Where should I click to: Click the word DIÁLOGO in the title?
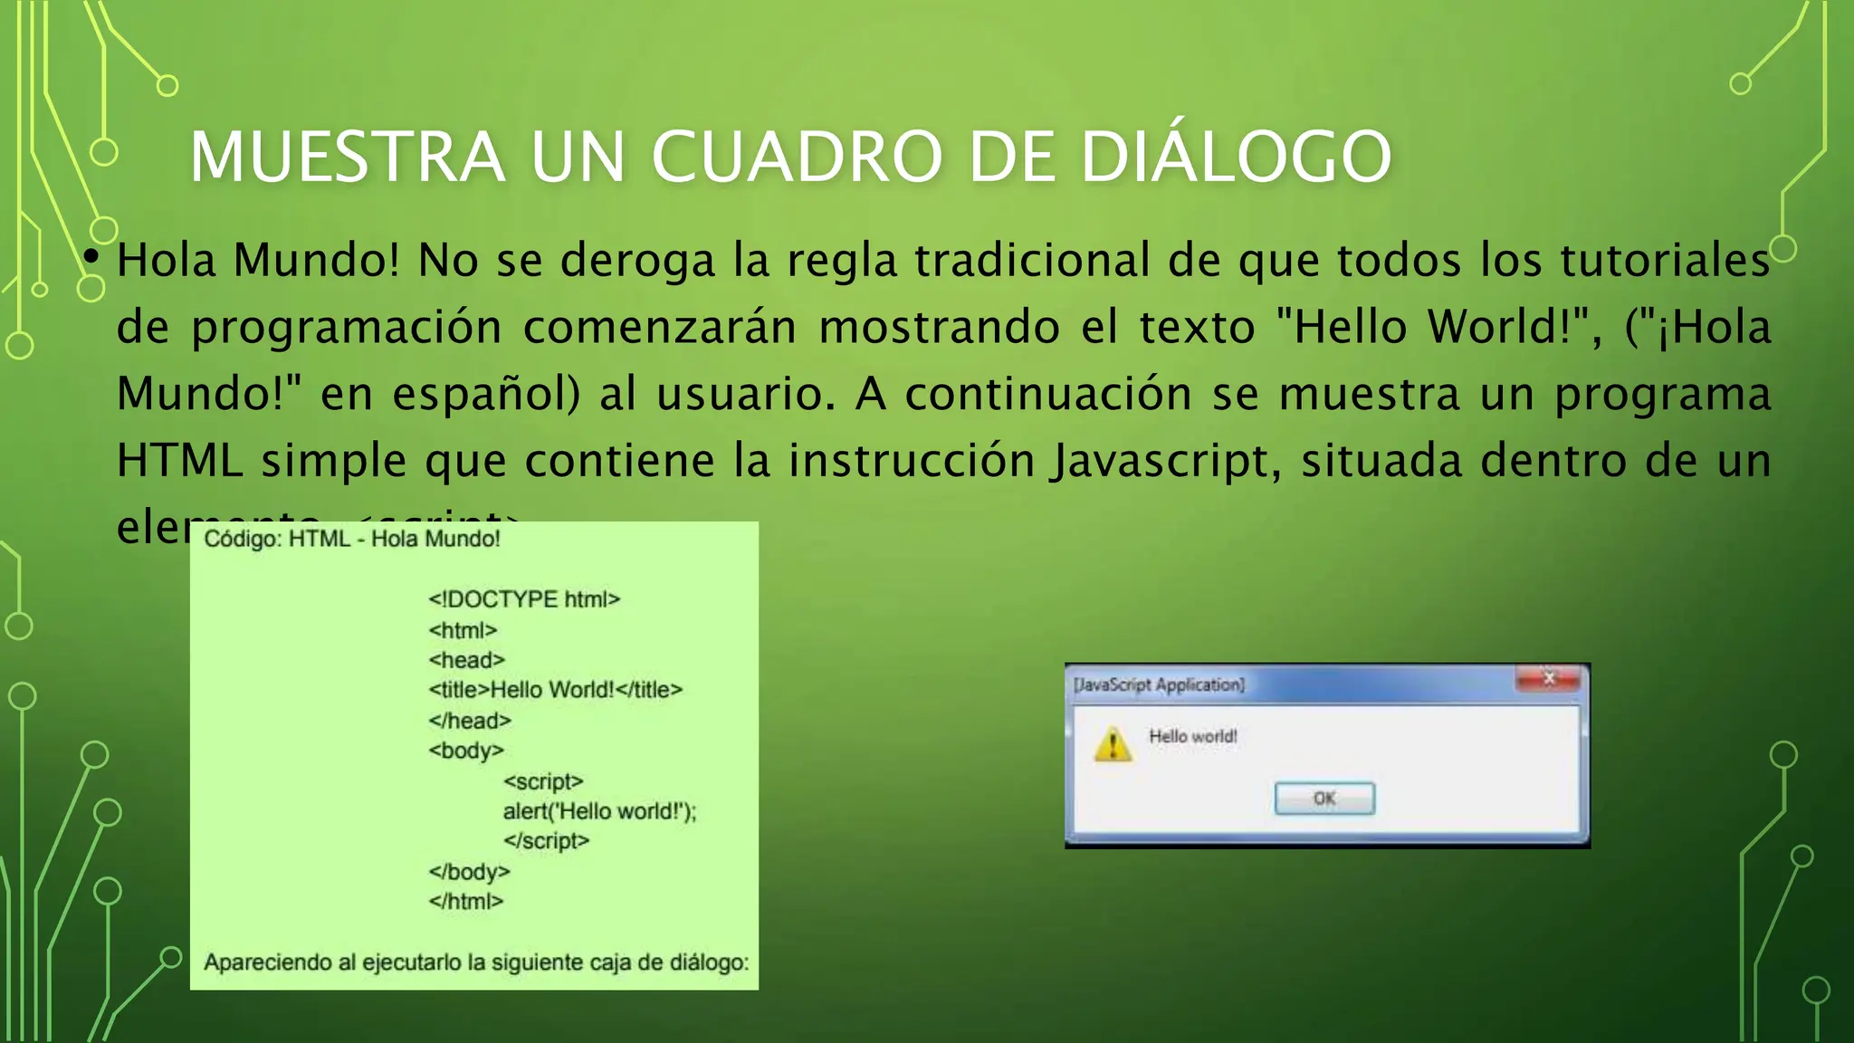coord(1236,158)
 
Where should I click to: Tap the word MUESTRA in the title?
coord(347,158)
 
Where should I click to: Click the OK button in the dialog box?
coord(1324,799)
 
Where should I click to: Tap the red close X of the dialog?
coord(1549,678)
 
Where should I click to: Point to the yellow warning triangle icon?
coord(1112,745)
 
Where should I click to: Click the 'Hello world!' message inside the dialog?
coord(1192,736)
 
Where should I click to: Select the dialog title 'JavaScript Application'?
coord(1159,684)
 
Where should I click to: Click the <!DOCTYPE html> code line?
coord(524,599)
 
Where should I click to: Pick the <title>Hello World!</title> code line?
coord(555,690)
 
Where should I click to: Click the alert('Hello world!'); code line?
coord(599,811)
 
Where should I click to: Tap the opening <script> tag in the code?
coord(543,781)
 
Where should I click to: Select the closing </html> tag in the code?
coord(465,902)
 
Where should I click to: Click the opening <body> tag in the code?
coord(465,751)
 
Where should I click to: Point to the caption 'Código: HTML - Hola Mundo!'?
coord(351,540)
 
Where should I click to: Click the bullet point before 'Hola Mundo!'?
coord(90,258)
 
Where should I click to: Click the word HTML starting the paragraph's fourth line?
coord(179,461)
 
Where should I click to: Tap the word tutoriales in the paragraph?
coord(1665,261)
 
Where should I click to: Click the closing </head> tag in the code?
coord(470,721)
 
